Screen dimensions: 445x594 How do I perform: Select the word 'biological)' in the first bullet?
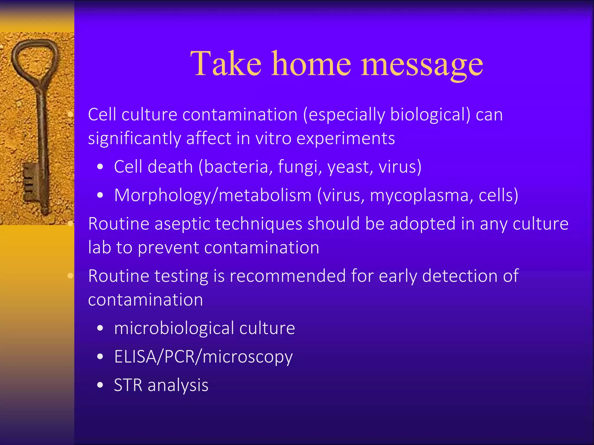click(x=430, y=115)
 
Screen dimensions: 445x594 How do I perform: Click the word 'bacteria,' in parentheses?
click(x=236, y=167)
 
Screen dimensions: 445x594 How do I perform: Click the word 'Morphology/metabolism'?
click(x=213, y=196)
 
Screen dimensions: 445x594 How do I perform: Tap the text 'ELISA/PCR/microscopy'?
click(x=203, y=357)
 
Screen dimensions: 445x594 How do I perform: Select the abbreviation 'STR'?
click(x=128, y=385)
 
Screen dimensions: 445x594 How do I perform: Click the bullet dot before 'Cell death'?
click(x=100, y=167)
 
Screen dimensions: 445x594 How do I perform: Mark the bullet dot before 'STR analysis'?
click(x=100, y=385)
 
